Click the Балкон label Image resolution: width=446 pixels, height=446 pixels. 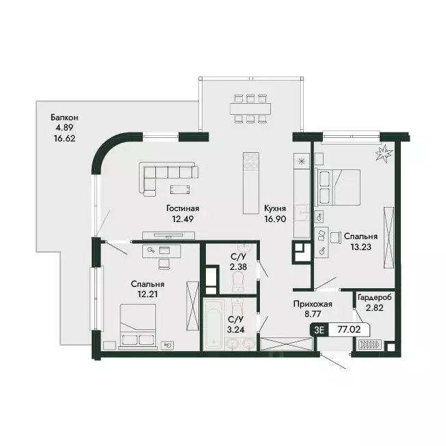click(x=64, y=117)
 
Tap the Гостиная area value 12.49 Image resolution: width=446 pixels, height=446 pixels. click(x=183, y=219)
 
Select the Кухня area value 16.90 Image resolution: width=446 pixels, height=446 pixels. click(x=275, y=219)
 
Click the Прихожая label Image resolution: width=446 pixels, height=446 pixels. click(x=313, y=304)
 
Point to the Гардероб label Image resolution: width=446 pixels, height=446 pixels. click(x=374, y=298)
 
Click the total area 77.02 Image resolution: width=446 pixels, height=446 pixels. click(x=349, y=329)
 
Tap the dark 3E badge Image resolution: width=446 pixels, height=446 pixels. click(x=319, y=330)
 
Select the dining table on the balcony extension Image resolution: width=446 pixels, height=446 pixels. click(x=250, y=109)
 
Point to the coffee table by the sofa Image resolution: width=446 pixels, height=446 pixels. click(x=180, y=189)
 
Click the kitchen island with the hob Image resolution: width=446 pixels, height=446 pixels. click(x=251, y=183)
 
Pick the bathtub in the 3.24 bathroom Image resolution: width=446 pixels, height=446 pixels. click(x=213, y=324)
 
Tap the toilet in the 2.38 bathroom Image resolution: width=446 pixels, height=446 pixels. click(x=238, y=281)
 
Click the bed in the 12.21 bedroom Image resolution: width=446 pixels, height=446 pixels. click(x=138, y=326)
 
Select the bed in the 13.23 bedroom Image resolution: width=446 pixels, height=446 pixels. click(x=339, y=187)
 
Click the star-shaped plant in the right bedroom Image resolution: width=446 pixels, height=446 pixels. click(x=384, y=154)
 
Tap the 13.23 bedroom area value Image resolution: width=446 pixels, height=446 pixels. click(x=361, y=247)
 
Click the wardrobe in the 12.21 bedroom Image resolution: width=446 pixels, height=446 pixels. click(x=192, y=306)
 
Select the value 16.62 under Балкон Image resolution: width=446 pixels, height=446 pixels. click(x=65, y=138)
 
